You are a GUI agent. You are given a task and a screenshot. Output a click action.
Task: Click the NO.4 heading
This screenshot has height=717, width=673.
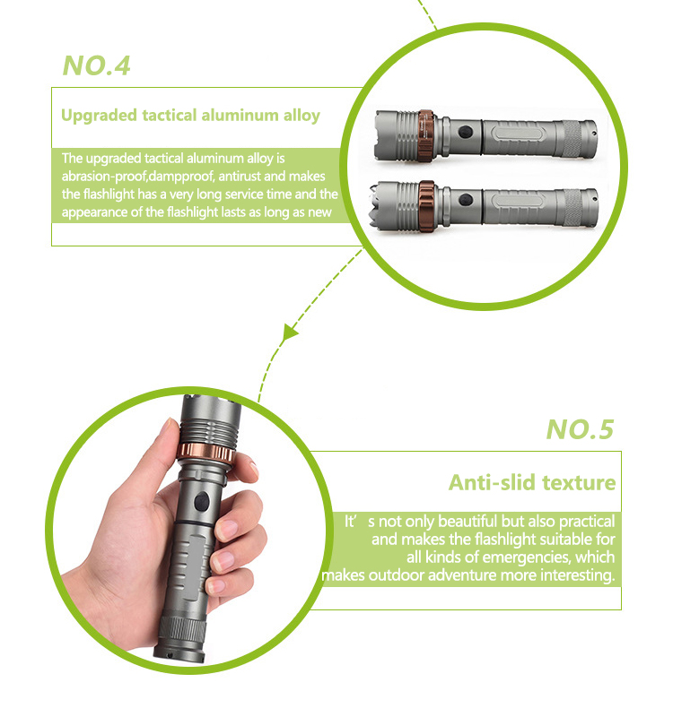click(97, 65)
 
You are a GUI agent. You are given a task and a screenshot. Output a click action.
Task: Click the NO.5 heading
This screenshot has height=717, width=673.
click(580, 429)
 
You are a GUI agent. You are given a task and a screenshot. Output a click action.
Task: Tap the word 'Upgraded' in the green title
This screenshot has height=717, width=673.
click(99, 116)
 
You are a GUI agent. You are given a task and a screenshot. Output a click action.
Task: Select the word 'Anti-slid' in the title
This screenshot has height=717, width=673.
click(492, 482)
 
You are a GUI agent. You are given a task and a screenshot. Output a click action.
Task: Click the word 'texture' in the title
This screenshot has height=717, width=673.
click(579, 482)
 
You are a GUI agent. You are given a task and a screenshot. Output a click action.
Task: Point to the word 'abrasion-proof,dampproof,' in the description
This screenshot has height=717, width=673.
click(138, 177)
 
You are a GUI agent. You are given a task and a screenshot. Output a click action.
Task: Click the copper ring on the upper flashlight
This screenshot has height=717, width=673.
click(425, 136)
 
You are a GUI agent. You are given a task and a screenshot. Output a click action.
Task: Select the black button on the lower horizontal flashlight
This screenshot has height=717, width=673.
click(466, 200)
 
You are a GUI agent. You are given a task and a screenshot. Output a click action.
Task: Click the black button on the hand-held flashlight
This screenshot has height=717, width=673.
click(201, 501)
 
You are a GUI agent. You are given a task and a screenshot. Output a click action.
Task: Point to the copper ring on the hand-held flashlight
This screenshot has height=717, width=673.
click(206, 453)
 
